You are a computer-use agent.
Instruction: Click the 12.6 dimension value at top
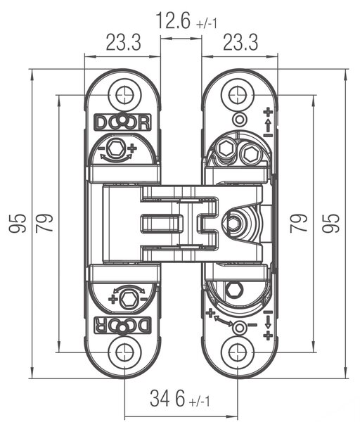[x=173, y=20]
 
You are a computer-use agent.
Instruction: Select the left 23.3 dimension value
[x=124, y=42]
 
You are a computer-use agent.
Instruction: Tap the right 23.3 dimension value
[x=240, y=42]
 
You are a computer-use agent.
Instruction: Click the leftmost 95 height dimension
[x=18, y=224]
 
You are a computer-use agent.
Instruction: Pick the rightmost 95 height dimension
[x=331, y=224]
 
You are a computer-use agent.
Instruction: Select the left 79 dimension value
[x=45, y=224]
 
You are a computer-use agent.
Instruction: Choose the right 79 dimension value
[x=299, y=224]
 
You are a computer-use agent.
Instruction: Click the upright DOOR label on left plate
[x=122, y=122]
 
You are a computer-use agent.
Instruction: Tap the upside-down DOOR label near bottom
[x=122, y=325]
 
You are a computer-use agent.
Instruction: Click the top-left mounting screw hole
[x=125, y=95]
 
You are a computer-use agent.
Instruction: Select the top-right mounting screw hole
[x=238, y=95]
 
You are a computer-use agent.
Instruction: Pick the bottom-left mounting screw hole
[x=125, y=352]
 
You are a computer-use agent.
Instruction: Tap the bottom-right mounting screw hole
[x=238, y=352]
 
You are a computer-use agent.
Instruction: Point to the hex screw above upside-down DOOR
[x=129, y=300]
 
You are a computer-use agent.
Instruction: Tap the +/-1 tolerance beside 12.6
[x=207, y=24]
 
